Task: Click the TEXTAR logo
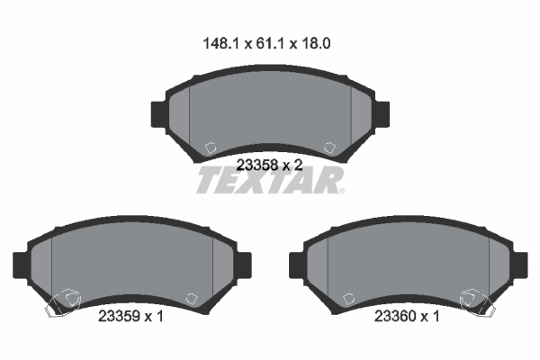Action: click(268, 182)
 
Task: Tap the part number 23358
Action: click(255, 165)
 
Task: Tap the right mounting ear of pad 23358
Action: click(382, 113)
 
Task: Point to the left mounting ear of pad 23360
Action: click(293, 265)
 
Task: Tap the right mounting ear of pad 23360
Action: click(519, 265)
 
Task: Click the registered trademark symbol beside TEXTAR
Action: click(341, 190)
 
